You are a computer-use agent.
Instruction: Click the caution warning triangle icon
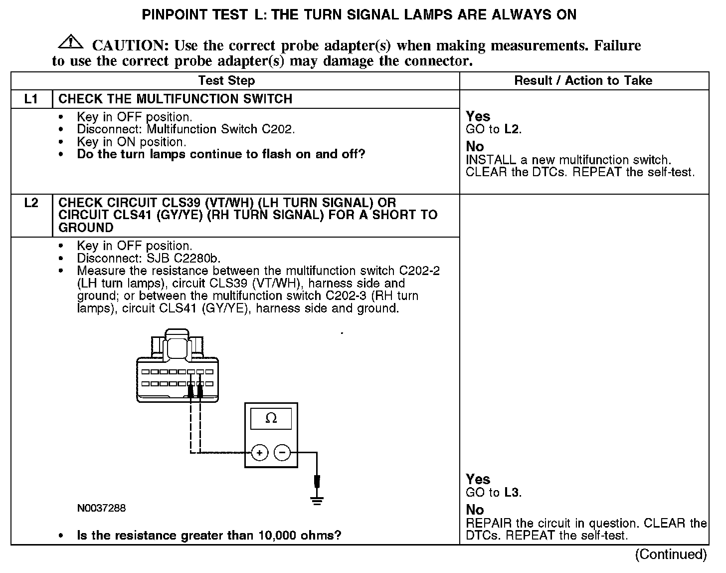pos(71,42)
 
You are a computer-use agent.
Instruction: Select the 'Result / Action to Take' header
pos(583,80)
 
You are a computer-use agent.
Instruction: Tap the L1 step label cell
pos(31,99)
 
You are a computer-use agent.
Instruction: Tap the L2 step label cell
pos(31,203)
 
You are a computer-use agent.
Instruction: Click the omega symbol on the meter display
pos(271,418)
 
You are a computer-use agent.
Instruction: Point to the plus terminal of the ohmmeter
pos(259,453)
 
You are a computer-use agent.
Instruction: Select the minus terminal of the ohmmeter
pos(282,453)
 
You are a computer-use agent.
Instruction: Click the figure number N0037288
pos(101,508)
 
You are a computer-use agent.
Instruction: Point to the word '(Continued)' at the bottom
pos(670,555)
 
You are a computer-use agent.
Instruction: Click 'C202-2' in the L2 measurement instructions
pos(419,271)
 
